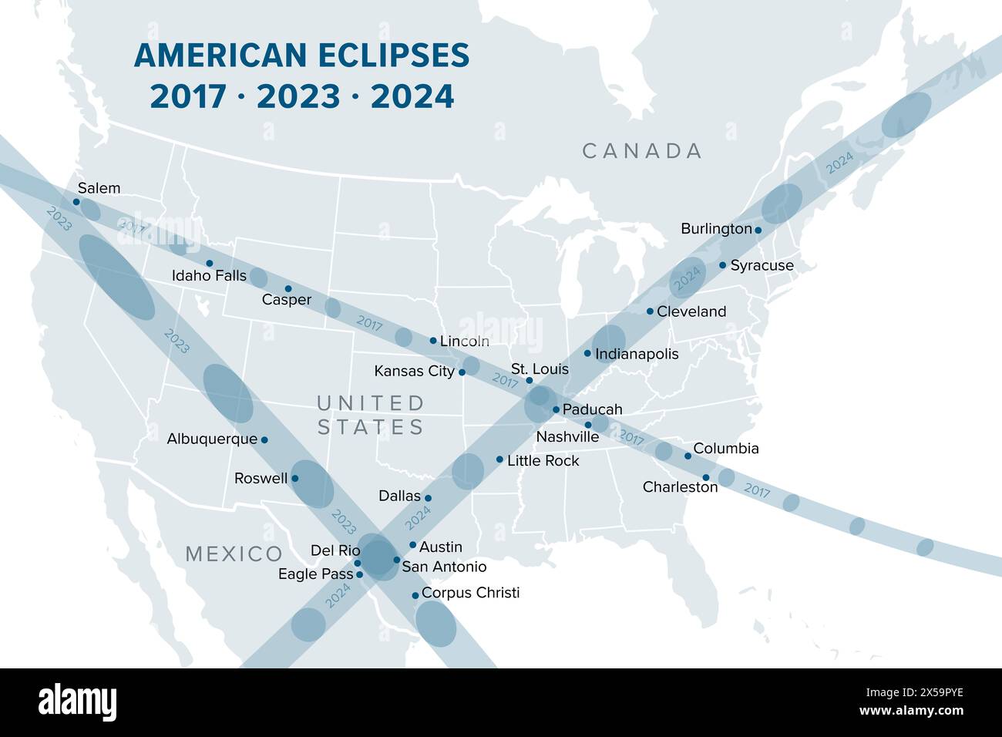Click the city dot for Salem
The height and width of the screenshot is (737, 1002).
pyautogui.click(x=76, y=202)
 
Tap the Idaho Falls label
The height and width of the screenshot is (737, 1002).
pyautogui.click(x=209, y=275)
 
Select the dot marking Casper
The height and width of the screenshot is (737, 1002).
pyautogui.click(x=288, y=289)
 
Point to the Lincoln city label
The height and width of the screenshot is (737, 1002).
pyautogui.click(x=464, y=341)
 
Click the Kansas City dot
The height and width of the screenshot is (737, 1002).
pyautogui.click(x=462, y=372)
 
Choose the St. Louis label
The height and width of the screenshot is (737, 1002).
pyautogui.click(x=540, y=369)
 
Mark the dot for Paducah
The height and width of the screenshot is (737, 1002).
pyautogui.click(x=556, y=409)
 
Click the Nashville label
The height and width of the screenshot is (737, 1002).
pyautogui.click(x=567, y=437)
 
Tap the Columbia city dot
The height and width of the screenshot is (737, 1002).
pyautogui.click(x=688, y=456)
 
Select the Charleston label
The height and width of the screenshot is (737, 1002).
pyautogui.click(x=680, y=487)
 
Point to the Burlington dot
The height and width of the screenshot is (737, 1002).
pyautogui.click(x=758, y=230)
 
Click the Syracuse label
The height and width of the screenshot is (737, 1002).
pyautogui.click(x=762, y=265)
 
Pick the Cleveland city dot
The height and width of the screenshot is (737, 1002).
pyautogui.click(x=650, y=311)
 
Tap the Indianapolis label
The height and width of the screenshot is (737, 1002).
pyautogui.click(x=637, y=354)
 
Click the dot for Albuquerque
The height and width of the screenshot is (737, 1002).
pyautogui.click(x=264, y=439)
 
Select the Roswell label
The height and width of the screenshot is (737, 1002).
pyautogui.click(x=261, y=478)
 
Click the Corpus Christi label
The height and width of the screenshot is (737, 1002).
pyautogui.click(x=470, y=593)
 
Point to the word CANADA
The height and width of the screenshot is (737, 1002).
pyautogui.click(x=642, y=151)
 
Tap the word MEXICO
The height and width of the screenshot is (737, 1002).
pyautogui.click(x=234, y=554)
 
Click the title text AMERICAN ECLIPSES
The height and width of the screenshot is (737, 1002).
pyautogui.click(x=301, y=56)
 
